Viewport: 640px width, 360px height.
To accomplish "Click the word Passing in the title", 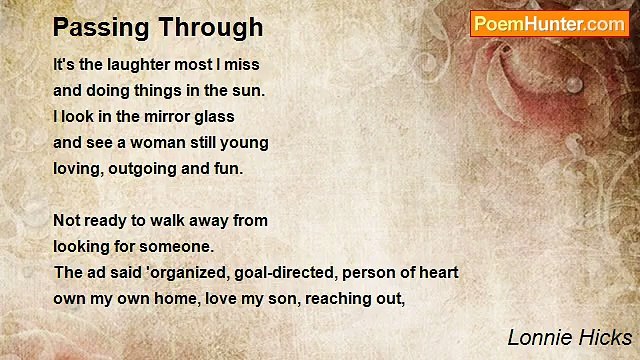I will (x=98, y=27).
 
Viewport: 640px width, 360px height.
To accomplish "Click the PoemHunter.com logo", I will (x=549, y=24).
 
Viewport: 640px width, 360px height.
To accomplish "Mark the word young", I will (x=246, y=143).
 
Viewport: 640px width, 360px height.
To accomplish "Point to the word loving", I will (x=77, y=169).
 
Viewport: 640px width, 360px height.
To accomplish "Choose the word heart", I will (x=436, y=272).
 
